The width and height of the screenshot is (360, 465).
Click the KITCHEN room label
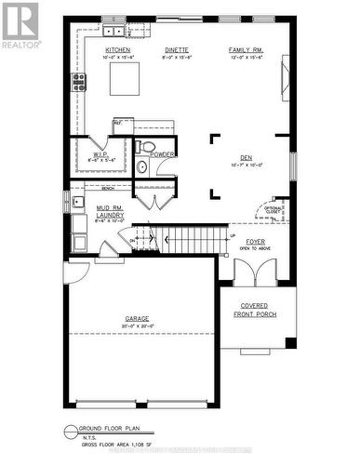click(x=117, y=49)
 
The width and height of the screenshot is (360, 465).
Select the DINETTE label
click(x=178, y=49)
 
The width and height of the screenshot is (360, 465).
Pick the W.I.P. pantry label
click(x=101, y=155)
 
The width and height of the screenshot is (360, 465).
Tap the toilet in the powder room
click(x=141, y=167)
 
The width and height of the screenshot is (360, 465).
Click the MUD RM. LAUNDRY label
click(x=109, y=214)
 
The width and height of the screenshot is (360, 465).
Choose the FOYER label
click(x=255, y=241)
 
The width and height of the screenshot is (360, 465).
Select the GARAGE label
click(x=137, y=318)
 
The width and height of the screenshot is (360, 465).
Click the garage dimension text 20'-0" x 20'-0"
click(x=137, y=325)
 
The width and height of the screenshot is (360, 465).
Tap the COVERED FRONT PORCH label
click(x=254, y=310)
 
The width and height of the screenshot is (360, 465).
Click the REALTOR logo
click(x=20, y=25)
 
